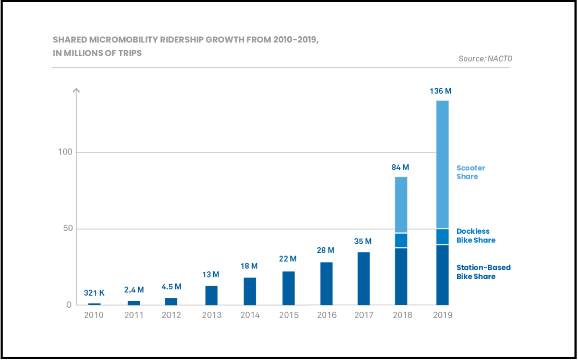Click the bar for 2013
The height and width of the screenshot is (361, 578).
(x=212, y=296)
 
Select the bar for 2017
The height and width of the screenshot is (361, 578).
(x=364, y=279)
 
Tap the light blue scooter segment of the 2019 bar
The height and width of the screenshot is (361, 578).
(x=443, y=164)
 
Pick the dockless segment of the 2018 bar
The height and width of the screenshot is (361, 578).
(x=401, y=240)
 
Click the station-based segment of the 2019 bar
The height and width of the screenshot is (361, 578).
(x=443, y=275)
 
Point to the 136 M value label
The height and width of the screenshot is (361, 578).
(x=440, y=91)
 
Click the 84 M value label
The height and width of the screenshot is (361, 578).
(x=400, y=168)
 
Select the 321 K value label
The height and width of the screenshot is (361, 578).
(x=94, y=293)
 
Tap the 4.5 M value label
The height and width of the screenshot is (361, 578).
(x=172, y=287)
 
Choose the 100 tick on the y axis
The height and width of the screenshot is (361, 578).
(x=65, y=152)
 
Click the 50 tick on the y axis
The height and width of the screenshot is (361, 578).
(x=68, y=228)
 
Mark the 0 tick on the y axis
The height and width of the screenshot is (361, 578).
(x=69, y=305)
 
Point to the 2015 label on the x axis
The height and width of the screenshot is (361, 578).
(x=289, y=315)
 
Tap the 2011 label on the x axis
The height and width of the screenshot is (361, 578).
(x=134, y=315)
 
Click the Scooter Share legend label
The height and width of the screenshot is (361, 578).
(x=471, y=172)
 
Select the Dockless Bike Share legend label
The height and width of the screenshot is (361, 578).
(x=476, y=236)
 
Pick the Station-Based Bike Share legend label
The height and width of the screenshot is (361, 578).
(x=484, y=272)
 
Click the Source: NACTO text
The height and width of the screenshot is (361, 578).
(x=485, y=59)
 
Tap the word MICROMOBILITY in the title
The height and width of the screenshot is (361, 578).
(x=124, y=40)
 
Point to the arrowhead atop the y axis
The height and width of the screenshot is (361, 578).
(x=76, y=90)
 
